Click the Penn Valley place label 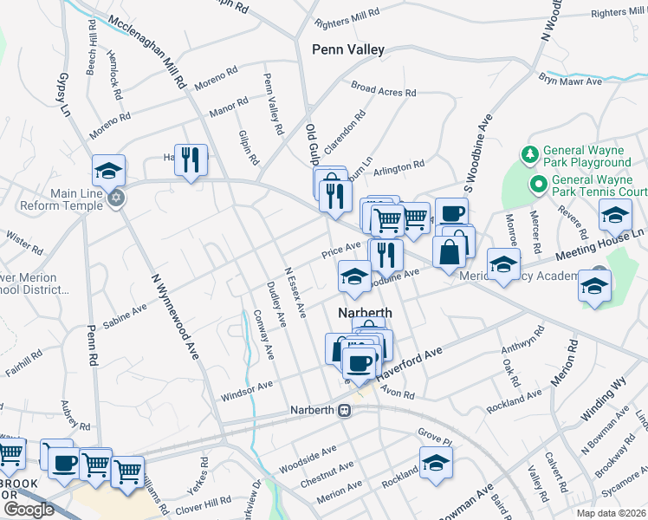pyautogui.click(x=347, y=50)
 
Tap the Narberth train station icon pyautogui.click(x=345, y=410)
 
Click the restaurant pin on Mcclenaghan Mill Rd pyautogui.click(x=191, y=159)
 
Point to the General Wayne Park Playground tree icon pyautogui.click(x=529, y=154)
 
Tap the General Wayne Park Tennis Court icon pyautogui.click(x=536, y=184)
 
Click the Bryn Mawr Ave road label pyautogui.click(x=570, y=81)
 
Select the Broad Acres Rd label pyautogui.click(x=383, y=89)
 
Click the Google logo pyautogui.click(x=29, y=510)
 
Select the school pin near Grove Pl pyautogui.click(x=436, y=460)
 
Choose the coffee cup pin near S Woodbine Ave pyautogui.click(x=451, y=213)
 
